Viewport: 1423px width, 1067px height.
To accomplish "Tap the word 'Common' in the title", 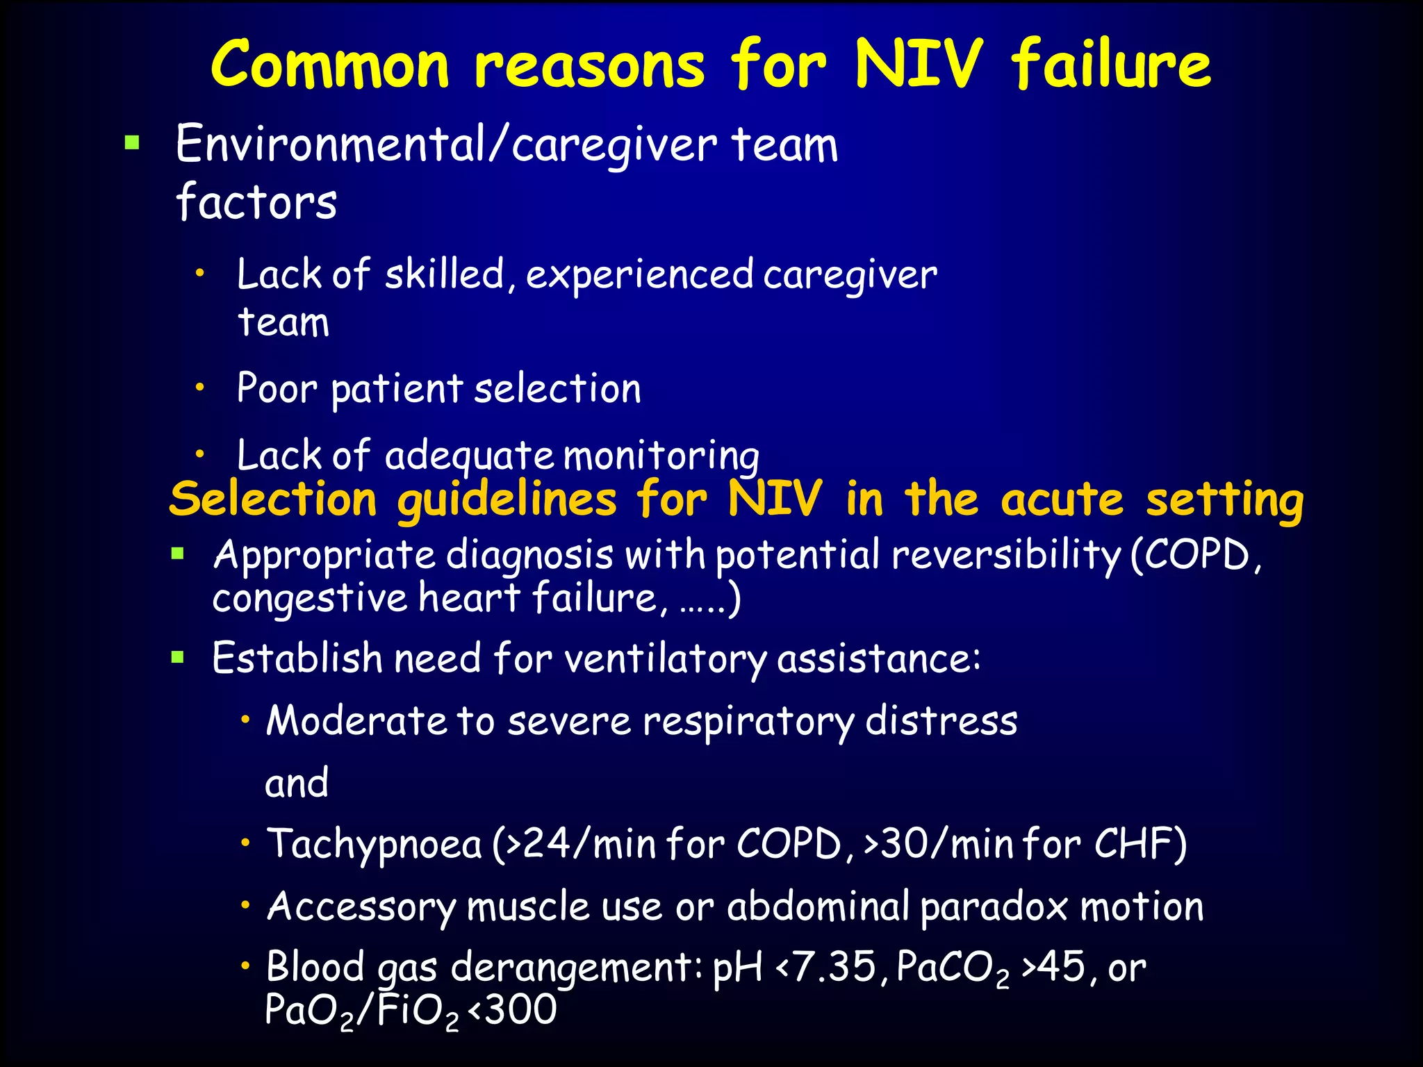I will coord(331,64).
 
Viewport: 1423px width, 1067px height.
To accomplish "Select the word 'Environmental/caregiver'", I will coord(445,145).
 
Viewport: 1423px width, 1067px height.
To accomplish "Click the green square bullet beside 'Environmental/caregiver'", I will coord(132,143).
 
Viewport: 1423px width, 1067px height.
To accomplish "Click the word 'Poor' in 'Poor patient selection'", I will coord(277,388).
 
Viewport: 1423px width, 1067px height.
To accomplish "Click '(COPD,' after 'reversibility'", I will coord(1196,556).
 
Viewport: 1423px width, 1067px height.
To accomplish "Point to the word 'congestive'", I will coord(309,599).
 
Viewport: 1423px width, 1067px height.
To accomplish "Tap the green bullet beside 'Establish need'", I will coord(178,656).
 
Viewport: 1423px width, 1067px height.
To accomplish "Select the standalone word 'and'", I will coord(297,783).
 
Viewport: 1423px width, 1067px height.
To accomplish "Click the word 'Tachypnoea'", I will coord(375,845).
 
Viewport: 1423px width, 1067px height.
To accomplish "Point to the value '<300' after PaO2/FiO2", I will coord(512,1010).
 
